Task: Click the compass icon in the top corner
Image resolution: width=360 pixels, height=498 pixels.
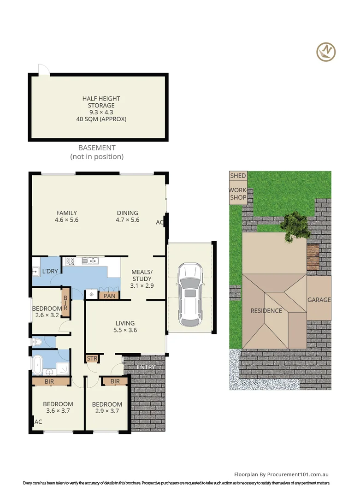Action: [326, 52]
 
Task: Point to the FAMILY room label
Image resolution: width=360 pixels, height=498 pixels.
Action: [67, 217]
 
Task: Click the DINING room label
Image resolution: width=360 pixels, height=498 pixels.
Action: [127, 217]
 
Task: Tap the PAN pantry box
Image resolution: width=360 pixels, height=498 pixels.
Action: [109, 296]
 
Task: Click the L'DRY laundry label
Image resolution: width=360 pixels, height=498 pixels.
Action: [50, 271]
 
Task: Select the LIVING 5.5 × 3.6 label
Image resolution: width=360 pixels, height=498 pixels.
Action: [125, 326]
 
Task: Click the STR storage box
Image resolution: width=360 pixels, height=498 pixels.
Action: [91, 358]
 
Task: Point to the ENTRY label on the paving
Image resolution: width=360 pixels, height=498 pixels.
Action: [146, 367]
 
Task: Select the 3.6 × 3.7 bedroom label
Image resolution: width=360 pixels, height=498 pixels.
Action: [58, 408]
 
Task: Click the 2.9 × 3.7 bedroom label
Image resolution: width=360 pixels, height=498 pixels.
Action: [107, 408]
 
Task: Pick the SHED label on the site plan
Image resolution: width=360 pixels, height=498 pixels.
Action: [238, 176]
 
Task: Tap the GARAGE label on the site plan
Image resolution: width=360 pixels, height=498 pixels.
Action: [319, 300]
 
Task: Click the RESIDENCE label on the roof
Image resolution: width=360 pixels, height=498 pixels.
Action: [266, 311]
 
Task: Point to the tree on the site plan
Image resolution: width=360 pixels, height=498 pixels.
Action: [295, 226]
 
